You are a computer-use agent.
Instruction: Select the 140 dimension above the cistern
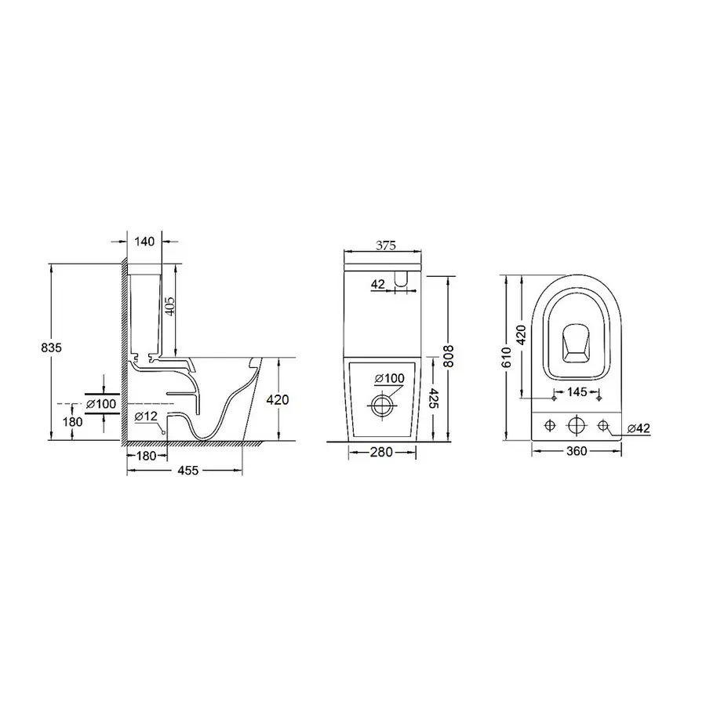point(144,243)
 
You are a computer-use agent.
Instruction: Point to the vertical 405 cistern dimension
point(170,304)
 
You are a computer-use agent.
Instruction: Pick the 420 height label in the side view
point(278,400)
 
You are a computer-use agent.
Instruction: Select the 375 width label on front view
point(384,245)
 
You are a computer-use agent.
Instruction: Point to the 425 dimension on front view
point(434,400)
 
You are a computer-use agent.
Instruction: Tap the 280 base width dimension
point(383,452)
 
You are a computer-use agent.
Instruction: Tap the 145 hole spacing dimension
point(577,391)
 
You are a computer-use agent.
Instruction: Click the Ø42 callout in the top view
point(639,428)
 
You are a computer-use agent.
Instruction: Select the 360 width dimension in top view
point(577,452)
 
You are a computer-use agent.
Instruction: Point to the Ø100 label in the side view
point(101,403)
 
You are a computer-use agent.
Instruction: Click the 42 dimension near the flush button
point(378,284)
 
